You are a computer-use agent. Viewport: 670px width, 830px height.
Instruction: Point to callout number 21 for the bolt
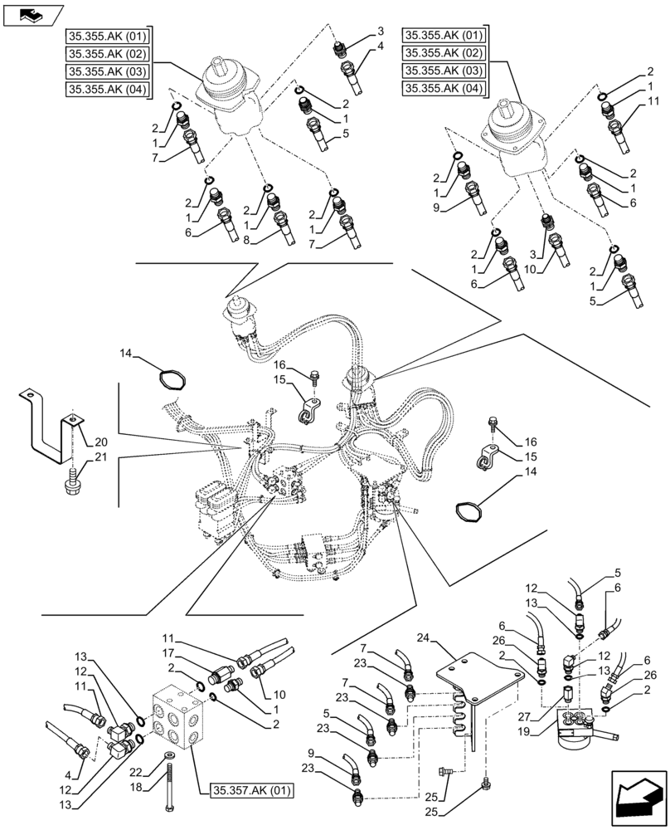(x=100, y=457)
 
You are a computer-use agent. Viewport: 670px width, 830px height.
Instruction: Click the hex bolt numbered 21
(x=72, y=480)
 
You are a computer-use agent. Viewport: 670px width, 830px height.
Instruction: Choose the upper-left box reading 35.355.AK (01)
(x=107, y=37)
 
